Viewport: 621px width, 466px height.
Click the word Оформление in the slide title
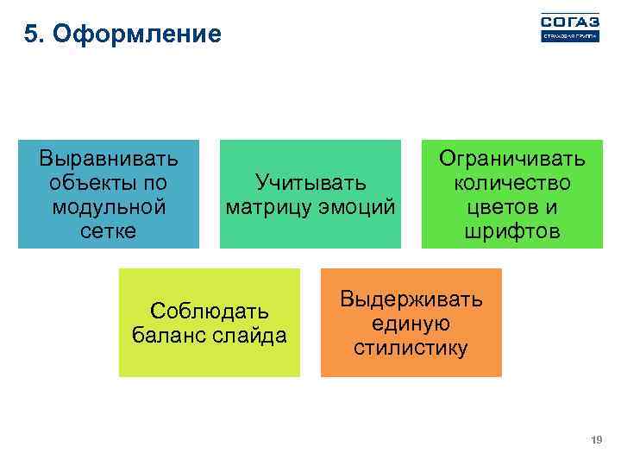click(x=136, y=35)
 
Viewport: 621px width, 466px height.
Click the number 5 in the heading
click(x=31, y=35)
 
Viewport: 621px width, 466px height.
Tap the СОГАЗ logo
click(x=568, y=28)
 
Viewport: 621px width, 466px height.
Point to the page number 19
click(x=595, y=441)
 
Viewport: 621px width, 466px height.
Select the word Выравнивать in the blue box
click(x=109, y=159)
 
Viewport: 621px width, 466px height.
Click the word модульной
click(x=109, y=207)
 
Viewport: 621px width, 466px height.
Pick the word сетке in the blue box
click(x=109, y=231)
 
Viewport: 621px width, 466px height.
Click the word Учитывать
click(x=310, y=182)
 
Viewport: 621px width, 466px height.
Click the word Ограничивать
click(x=512, y=159)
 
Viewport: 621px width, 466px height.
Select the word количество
click(x=512, y=183)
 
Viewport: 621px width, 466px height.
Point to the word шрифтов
click(x=512, y=231)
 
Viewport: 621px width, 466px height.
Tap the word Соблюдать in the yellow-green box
click(x=209, y=310)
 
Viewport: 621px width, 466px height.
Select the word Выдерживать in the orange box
click(x=411, y=299)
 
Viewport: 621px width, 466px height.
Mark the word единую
click(x=411, y=324)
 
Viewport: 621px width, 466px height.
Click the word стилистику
click(x=411, y=348)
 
